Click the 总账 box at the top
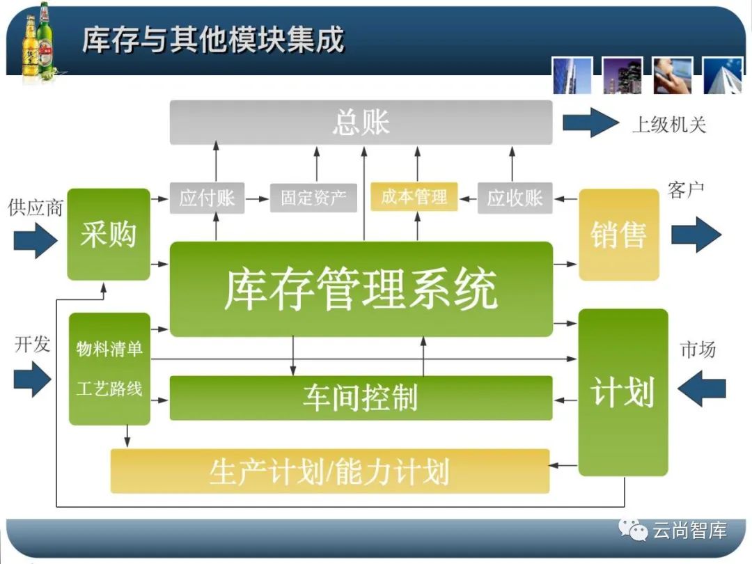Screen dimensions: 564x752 coord(361,123)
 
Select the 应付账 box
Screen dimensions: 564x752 coord(207,198)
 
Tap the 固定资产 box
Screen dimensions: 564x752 coord(313,198)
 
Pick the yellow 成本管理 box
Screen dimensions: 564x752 coord(414,197)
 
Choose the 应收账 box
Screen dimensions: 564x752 coord(515,198)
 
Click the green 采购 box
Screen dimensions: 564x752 coord(109,234)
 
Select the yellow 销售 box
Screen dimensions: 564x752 coord(618,235)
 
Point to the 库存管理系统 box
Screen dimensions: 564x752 coord(361,289)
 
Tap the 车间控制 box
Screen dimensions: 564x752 coord(361,398)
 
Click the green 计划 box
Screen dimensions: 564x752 coord(622,392)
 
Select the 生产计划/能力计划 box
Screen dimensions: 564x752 coord(329,471)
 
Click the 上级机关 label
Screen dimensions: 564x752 coord(668,125)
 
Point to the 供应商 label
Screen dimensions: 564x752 coord(35,207)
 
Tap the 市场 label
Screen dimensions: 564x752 coord(698,350)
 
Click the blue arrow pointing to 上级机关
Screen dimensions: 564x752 coord(590,123)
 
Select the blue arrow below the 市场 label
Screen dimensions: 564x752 coord(701,389)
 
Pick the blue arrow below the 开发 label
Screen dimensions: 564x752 coord(33,380)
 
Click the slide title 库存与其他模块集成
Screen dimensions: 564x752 coord(213,40)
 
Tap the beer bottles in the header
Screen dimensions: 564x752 coord(38,42)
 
